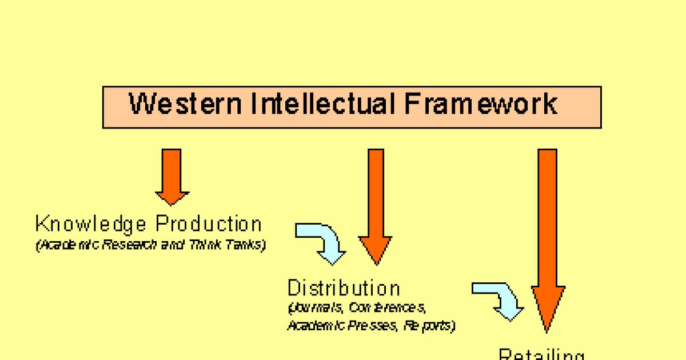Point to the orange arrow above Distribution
pos(376,206)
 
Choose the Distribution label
pos(344,287)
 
